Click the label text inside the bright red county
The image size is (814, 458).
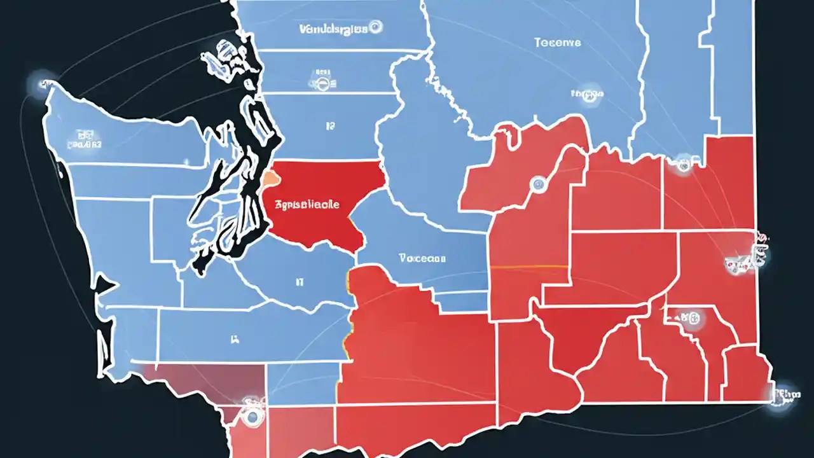pos(307,205)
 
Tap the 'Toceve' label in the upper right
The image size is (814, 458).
pos(557,43)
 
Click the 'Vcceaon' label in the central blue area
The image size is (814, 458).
pos(422,259)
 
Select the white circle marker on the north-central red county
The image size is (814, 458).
pos(539,184)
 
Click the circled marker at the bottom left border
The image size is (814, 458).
pos(252,415)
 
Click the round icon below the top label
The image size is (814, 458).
pos(323,81)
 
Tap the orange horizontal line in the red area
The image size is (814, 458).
pos(530,267)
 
